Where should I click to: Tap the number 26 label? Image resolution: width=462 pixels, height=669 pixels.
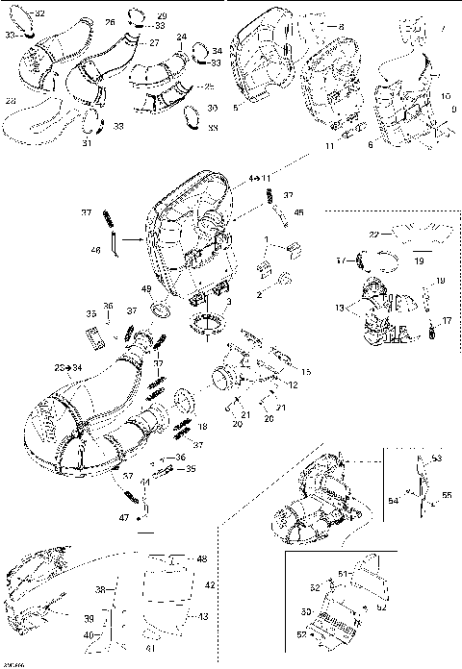click(x=109, y=21)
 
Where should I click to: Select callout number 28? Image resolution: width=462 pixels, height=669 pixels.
click(x=11, y=101)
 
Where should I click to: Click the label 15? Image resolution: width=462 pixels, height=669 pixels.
click(x=307, y=371)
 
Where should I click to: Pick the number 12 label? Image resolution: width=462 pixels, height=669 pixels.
click(x=293, y=384)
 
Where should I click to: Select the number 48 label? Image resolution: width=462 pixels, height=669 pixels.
click(x=201, y=558)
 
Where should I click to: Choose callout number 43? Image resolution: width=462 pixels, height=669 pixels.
click(x=204, y=616)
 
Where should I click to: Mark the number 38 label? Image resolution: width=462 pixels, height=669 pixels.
click(x=98, y=589)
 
